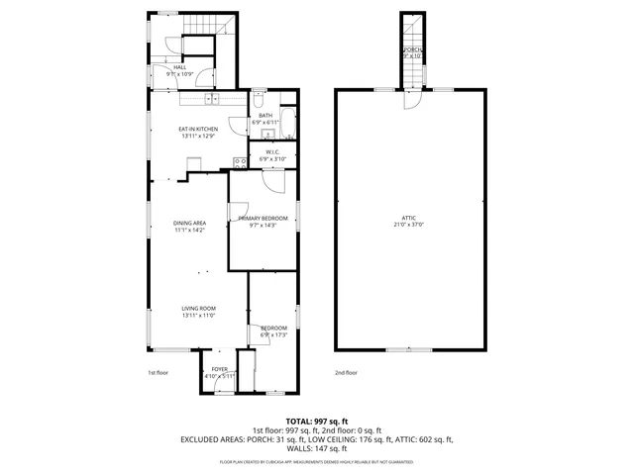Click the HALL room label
(x=179, y=67)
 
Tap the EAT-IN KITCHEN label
(x=198, y=129)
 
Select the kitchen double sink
(x=211, y=98)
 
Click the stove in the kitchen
(x=239, y=161)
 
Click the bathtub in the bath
(x=286, y=125)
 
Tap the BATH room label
(x=264, y=115)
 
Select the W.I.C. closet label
(x=271, y=152)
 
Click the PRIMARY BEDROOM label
(x=263, y=218)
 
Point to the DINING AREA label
(x=189, y=223)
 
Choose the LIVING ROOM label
(x=198, y=309)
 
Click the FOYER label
(x=219, y=369)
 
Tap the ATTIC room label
(x=408, y=218)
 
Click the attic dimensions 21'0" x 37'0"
(x=408, y=225)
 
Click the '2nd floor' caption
(x=346, y=373)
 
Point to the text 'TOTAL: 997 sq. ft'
(x=317, y=421)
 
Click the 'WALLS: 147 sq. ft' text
(x=317, y=448)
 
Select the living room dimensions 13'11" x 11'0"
(x=198, y=316)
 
